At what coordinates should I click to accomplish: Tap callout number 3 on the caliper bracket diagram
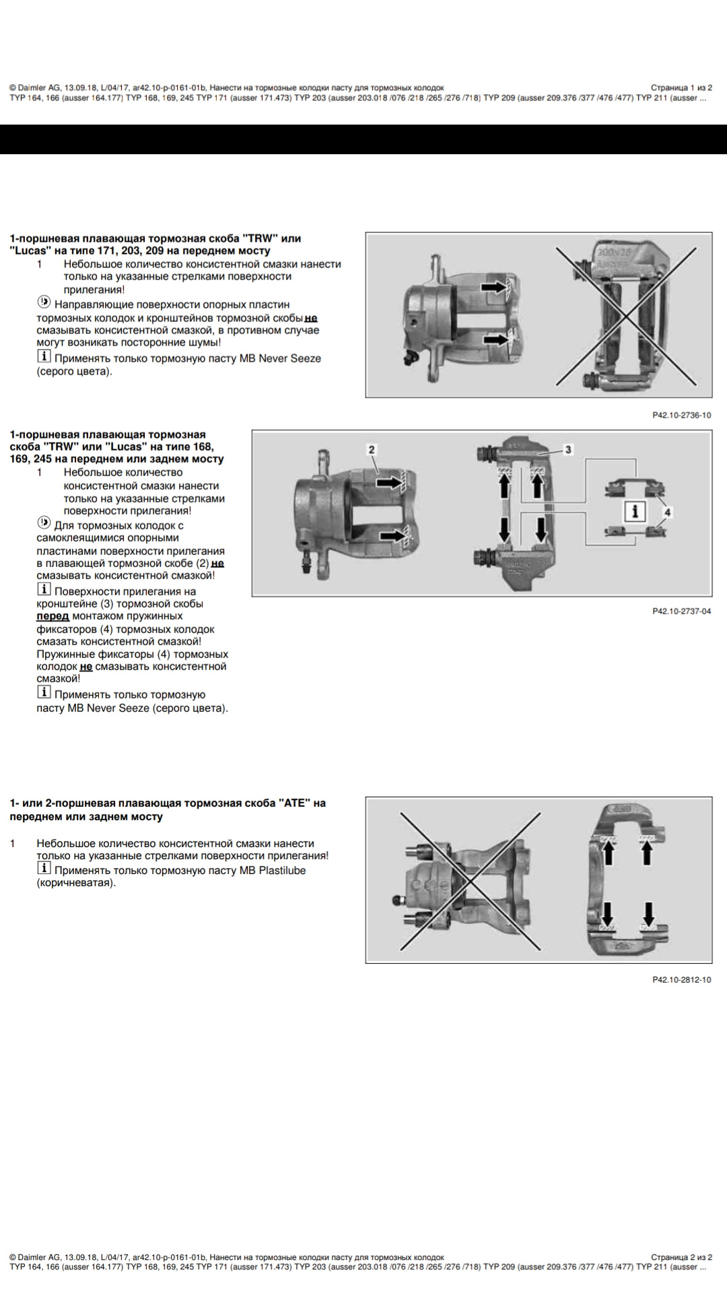568,449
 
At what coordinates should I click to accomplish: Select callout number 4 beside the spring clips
667,512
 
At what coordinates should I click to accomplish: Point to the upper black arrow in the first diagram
493,288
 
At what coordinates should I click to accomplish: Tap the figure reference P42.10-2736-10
681,416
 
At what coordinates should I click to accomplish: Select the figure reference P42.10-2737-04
681,611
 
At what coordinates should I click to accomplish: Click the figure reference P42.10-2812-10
681,980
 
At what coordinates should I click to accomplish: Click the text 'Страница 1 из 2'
681,88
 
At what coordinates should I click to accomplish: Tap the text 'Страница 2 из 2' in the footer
681,1257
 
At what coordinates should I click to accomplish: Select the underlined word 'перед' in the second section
53,616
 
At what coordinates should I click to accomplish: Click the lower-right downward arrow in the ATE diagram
648,914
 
